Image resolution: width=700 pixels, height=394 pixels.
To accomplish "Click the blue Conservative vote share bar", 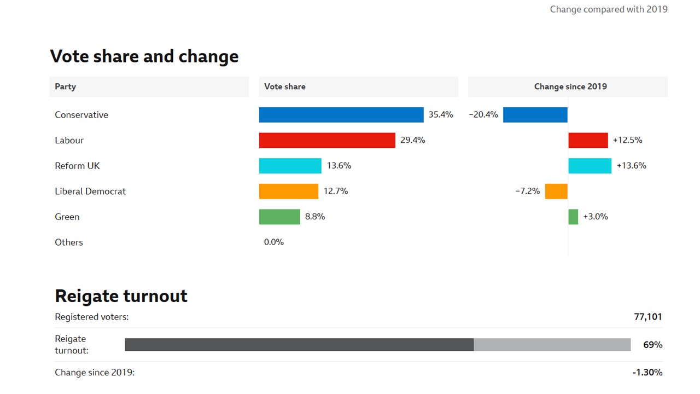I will coord(341,115).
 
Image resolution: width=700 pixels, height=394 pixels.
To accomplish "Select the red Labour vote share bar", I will coord(327,140).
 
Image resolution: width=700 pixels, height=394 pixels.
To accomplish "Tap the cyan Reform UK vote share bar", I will coord(290,166).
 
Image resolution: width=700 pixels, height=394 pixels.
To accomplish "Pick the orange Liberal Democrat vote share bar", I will coord(289,192).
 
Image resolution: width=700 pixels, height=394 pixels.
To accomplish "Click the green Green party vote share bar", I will coord(279,217).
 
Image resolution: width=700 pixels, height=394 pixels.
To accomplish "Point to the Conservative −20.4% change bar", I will coord(535,115).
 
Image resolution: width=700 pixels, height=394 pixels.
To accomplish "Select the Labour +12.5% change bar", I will coord(588,140).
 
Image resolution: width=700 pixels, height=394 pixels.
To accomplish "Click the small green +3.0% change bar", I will coord(573,217).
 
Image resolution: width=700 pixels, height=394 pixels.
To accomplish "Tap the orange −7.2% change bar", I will coord(556,192).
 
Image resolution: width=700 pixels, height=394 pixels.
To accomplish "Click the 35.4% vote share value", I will coord(441,115).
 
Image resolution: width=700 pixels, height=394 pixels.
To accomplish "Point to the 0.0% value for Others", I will coord(274,242).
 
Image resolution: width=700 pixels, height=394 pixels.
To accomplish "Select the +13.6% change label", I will coord(631,166).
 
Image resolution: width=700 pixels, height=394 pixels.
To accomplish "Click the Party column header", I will coord(66,86).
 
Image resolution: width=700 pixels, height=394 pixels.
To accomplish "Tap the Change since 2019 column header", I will coord(570,86).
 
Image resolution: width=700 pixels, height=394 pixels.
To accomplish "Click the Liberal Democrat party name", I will coord(90,192).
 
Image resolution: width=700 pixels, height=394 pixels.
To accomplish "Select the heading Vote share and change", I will coord(144,56).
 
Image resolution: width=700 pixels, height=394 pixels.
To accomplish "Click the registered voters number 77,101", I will coord(647,317).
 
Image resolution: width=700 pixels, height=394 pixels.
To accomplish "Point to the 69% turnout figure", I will coord(652,345).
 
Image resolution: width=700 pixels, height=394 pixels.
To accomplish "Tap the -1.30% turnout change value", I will coord(647,373).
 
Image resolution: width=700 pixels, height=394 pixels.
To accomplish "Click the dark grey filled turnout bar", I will coord(299,345).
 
